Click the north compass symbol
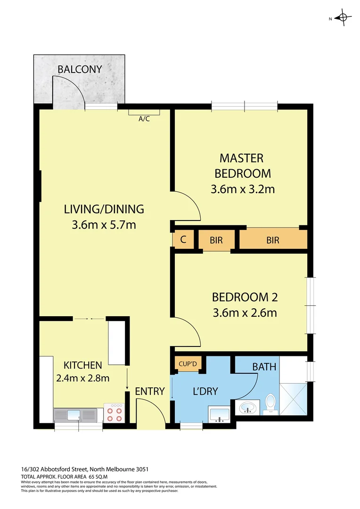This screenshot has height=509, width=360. pos(343,18)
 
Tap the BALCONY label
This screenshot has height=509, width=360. pos(80,70)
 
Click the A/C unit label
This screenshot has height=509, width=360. pos(144,119)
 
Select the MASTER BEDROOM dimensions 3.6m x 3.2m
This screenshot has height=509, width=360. pos(242,189)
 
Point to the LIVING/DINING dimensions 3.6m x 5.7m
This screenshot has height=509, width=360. pos(104,225)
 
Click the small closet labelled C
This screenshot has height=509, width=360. pos(183,239)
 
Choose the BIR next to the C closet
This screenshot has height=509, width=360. pos(216,240)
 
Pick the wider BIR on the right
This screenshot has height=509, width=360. pos(273,240)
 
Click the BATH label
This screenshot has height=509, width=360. pos(264,367)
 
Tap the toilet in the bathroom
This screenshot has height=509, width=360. pos(271,404)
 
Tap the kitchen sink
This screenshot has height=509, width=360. pos(75,415)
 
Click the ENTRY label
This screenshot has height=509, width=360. pos(149,391)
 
